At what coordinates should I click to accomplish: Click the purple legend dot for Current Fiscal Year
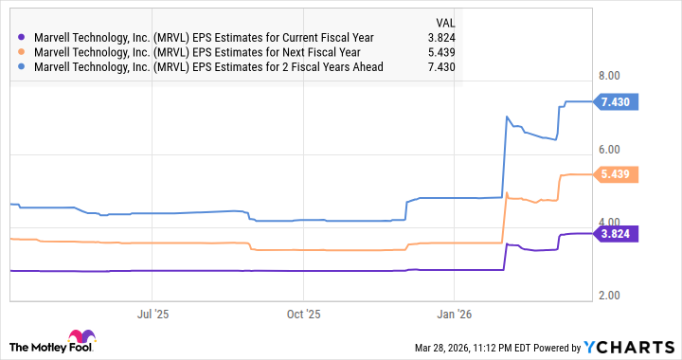22,37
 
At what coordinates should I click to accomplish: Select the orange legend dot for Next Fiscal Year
22,52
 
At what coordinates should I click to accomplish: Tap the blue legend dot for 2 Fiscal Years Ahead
22,67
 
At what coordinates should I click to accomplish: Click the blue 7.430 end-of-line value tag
615,100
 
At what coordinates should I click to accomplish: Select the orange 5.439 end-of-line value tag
615,173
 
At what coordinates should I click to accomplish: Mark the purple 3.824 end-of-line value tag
615,233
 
